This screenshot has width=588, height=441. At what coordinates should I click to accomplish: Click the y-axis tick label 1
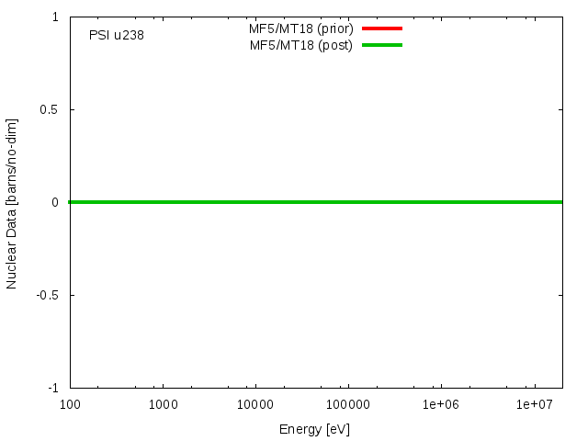[x=55, y=17]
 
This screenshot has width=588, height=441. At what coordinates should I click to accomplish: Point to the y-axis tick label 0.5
[x=50, y=109]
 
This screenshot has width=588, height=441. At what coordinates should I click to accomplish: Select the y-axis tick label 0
[x=55, y=202]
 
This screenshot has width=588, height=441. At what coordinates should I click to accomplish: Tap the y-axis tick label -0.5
[x=48, y=295]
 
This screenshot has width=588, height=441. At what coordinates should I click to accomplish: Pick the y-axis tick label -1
[x=52, y=388]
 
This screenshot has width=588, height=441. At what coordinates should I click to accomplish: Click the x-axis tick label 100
[x=71, y=405]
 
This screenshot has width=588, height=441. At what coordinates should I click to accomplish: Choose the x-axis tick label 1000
[x=163, y=405]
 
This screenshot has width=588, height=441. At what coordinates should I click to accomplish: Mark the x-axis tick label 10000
[x=254, y=405]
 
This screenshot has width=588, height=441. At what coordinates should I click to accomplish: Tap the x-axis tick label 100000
[x=347, y=405]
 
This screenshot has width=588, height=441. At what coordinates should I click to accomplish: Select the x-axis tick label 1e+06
[x=440, y=405]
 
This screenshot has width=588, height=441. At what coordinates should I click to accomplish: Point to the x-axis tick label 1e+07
[x=533, y=405]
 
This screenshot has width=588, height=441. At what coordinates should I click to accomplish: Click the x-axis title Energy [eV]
[x=314, y=429]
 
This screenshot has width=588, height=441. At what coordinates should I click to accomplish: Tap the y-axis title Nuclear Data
[x=12, y=203]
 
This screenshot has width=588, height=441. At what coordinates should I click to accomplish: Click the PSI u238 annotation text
[x=116, y=36]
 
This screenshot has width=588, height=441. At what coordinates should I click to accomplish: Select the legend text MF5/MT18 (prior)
[x=301, y=28]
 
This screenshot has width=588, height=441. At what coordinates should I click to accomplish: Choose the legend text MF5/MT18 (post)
[x=301, y=45]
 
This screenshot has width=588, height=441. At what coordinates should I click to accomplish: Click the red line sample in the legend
[x=382, y=28]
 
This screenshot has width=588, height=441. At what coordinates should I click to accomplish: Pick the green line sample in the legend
[x=382, y=45]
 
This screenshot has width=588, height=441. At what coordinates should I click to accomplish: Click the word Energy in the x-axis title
[x=300, y=429]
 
